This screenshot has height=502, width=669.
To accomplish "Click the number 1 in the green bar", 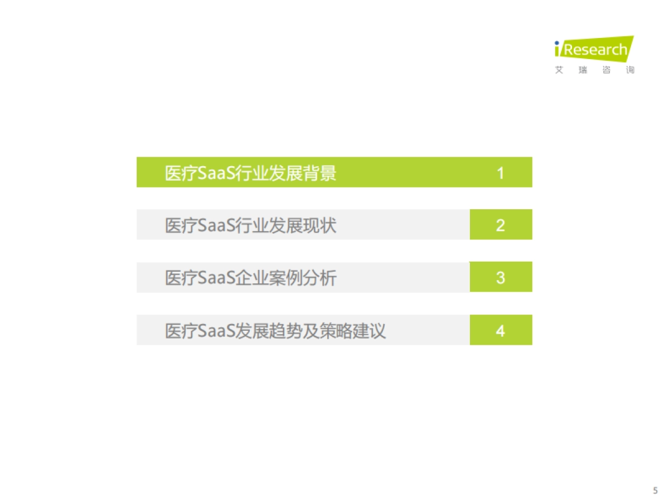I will coord(501,173).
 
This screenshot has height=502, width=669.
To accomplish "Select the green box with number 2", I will coord(501,225).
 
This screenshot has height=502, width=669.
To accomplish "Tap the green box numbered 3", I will coord(501,277).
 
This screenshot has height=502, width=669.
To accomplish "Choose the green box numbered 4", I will coord(501,330).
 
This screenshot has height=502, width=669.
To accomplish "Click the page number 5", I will coord(655,491).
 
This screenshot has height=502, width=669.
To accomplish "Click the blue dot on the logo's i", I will coord(557,43).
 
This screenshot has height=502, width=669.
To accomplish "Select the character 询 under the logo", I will coord(630,70).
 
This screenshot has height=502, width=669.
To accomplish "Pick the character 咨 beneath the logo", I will coord(607,70).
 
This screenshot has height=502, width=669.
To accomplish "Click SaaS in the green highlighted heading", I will coord(217,173).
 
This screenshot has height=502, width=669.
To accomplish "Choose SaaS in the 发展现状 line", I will coord(217,225).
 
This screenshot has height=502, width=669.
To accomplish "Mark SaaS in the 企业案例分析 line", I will coord(217,278).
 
